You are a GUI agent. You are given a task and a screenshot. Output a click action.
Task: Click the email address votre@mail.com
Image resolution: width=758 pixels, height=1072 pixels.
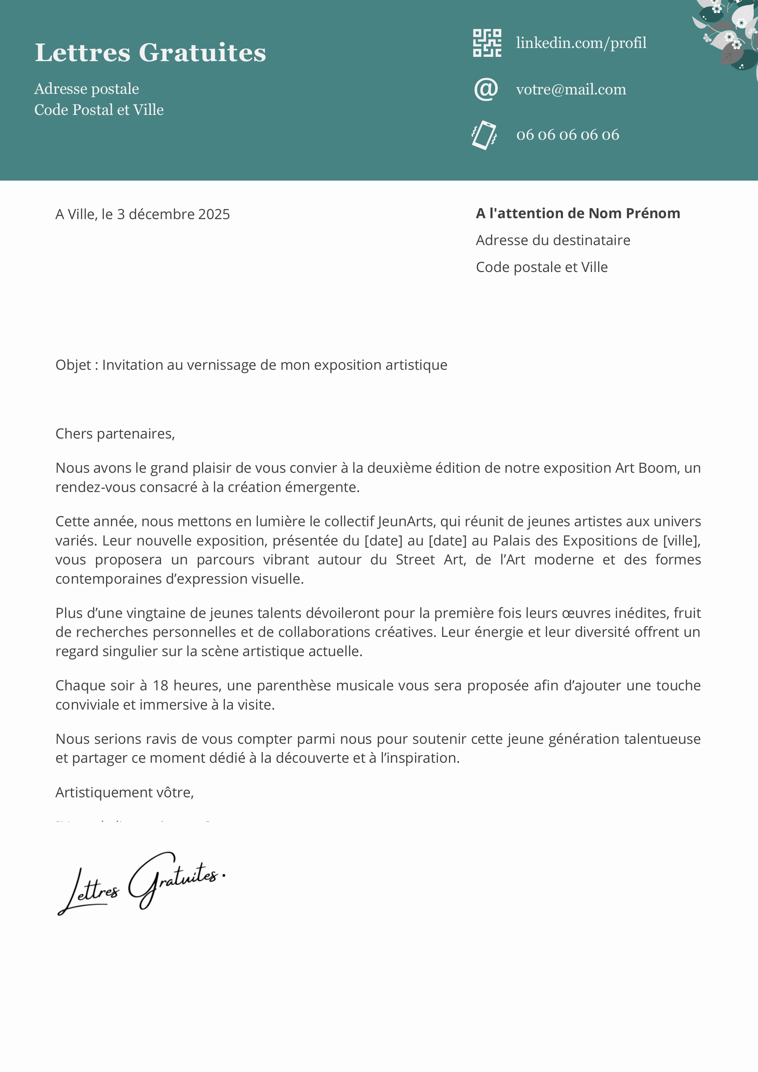click(571, 89)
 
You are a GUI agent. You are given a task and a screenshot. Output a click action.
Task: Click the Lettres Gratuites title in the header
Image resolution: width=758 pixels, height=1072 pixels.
click(150, 52)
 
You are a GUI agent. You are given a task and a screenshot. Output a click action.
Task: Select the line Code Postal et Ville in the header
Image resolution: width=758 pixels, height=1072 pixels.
click(99, 110)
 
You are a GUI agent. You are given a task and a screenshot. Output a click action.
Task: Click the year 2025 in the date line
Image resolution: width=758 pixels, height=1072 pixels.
click(214, 214)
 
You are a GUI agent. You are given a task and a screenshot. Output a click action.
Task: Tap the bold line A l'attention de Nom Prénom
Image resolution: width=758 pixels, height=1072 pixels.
click(578, 213)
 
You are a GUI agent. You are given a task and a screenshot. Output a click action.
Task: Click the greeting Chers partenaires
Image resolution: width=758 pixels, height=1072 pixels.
click(115, 434)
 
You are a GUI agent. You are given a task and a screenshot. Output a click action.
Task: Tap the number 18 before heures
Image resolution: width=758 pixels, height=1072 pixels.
click(160, 685)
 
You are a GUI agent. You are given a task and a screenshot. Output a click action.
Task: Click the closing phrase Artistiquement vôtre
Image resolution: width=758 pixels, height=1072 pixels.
click(124, 792)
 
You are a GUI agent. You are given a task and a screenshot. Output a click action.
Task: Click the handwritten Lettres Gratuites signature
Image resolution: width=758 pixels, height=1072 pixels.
click(140, 883)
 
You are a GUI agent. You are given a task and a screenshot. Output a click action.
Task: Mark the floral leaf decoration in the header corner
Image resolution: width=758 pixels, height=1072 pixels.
click(729, 33)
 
